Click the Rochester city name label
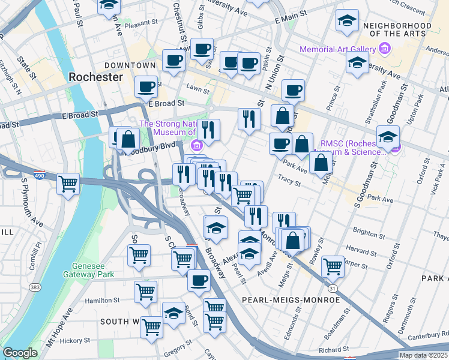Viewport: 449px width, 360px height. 95,77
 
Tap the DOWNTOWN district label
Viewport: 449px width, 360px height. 130,65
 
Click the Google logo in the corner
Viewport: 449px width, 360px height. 20,353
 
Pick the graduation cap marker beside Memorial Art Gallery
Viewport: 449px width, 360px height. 357,62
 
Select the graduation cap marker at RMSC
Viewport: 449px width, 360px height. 388,136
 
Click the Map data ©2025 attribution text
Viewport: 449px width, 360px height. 423,355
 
